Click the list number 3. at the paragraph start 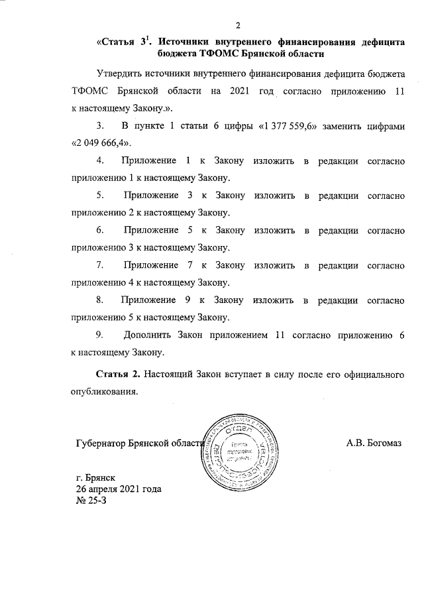[x=101, y=125]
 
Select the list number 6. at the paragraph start [x=101, y=230]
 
